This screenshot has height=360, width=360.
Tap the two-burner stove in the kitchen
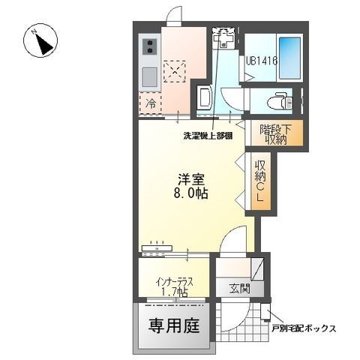pos(148,47)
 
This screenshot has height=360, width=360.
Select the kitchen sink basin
pos(148,76)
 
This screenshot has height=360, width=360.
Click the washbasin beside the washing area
pos(203,98)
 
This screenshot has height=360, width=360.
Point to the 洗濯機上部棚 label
pos(208,136)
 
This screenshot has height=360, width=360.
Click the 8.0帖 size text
pos(193,193)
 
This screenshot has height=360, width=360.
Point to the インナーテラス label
pos(175,282)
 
